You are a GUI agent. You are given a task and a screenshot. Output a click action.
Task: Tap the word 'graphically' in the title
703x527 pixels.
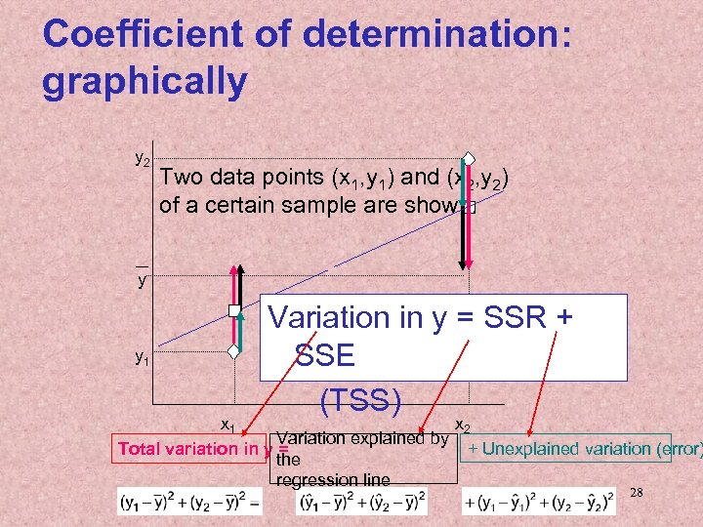point(145,81)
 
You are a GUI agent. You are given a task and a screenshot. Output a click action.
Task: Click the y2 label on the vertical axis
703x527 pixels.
point(142,159)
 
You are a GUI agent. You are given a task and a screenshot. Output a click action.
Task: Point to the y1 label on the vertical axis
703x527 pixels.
point(142,358)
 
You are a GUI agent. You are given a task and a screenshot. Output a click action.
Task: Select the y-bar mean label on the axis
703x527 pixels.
point(143,278)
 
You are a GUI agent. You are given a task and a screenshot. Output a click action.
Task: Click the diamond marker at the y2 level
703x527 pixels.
point(469,159)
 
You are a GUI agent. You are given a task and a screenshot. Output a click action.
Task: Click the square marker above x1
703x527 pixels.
point(234,311)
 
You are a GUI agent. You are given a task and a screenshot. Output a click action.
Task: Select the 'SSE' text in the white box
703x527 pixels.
point(324,356)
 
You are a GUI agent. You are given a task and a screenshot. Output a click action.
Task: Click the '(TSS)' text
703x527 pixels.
point(359,400)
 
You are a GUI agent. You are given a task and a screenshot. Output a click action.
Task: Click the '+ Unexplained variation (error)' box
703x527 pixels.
point(567,449)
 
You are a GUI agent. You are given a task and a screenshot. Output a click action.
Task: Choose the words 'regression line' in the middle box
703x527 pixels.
point(333,479)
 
